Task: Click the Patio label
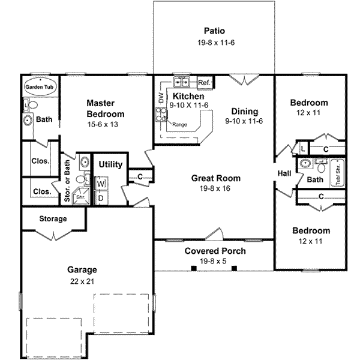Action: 214,31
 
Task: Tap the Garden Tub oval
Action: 40,87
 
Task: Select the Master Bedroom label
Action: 105,109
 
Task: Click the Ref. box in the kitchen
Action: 203,82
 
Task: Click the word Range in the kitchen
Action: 180,124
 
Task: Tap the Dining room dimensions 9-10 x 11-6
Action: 244,121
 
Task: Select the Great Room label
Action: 216,178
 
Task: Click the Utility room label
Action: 111,164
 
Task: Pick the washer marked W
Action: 101,183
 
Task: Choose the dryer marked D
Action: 101,197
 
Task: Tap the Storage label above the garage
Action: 53,218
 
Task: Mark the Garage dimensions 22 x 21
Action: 82,281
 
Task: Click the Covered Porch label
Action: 215,251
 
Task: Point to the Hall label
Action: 284,174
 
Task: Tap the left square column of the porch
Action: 194,268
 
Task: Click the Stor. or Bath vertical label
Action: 68,177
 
